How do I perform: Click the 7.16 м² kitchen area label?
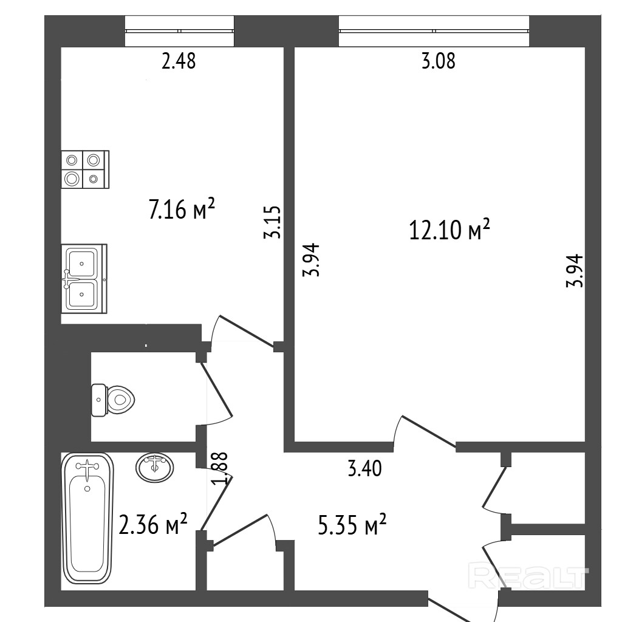(182, 209)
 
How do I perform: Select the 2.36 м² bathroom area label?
(153, 524)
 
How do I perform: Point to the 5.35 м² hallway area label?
(352, 525)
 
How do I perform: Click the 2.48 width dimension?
(179, 61)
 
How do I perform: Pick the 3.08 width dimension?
(438, 61)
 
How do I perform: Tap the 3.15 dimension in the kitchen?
(273, 222)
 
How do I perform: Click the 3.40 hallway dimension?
(364, 468)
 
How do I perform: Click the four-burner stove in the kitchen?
(85, 169)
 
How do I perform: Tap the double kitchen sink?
(84, 279)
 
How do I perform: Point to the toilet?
(112, 400)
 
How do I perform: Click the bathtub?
(87, 519)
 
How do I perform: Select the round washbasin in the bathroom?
(155, 467)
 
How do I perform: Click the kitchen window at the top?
(179, 31)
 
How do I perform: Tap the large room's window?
(434, 31)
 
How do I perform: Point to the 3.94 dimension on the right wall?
(575, 270)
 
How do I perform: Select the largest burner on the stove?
(72, 179)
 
